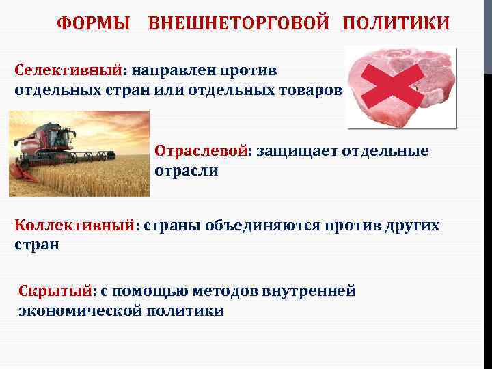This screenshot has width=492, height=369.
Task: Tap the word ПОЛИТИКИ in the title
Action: click(x=396, y=24)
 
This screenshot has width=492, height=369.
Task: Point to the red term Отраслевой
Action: click(x=202, y=150)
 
